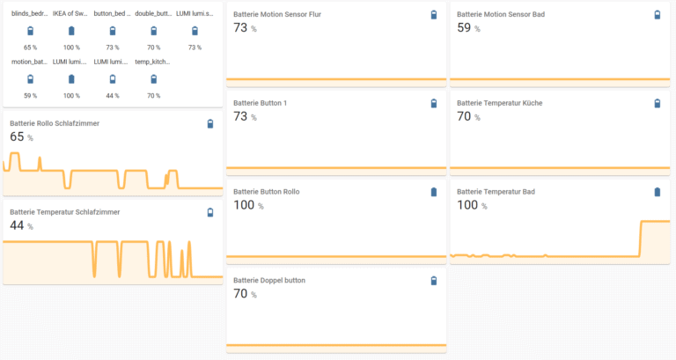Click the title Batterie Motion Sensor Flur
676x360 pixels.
pos(276,15)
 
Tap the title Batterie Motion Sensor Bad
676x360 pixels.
pos(500,15)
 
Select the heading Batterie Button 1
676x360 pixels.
pos(260,103)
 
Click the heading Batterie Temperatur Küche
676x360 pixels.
pos(499,103)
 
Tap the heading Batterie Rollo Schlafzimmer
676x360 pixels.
pos(55,123)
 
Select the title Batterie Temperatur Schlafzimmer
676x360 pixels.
pos(64,212)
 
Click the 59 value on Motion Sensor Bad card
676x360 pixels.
pos(464,28)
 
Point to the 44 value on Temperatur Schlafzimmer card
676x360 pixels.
pos(17,225)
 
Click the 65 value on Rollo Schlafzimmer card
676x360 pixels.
pos(17,136)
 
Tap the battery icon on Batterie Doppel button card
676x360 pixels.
pos(433,281)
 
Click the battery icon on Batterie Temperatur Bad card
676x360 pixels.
pos(657,192)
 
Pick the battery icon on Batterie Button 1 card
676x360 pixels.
pos(433,104)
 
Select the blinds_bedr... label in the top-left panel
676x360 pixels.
pos(30,14)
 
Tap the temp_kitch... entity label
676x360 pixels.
pos(153,62)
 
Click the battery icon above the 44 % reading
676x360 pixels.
pos(112,79)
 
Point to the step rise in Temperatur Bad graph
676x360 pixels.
pos(640,238)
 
